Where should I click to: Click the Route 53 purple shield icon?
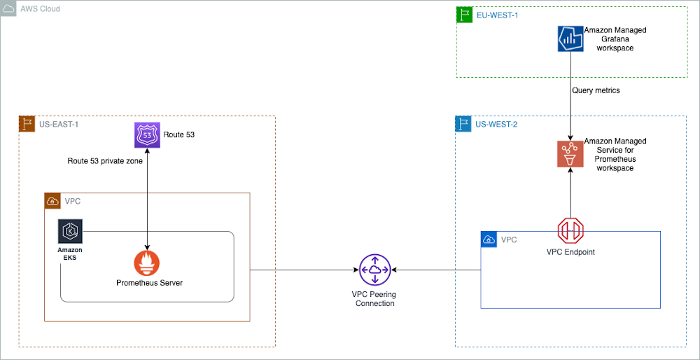(x=147, y=134)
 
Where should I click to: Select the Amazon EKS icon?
(x=70, y=231)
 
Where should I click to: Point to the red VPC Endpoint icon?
(x=570, y=230)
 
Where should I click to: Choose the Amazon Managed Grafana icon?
(x=570, y=39)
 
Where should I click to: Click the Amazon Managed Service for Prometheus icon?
(x=570, y=153)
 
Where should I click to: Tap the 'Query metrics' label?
(x=595, y=90)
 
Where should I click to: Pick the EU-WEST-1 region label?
(x=497, y=15)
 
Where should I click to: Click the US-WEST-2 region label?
(x=496, y=125)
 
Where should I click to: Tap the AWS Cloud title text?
(x=40, y=9)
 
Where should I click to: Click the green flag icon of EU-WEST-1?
(x=464, y=15)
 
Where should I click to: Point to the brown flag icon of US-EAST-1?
(x=27, y=125)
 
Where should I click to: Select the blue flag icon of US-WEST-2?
(x=463, y=125)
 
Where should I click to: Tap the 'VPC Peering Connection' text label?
(x=374, y=298)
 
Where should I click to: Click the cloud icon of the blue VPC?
(x=489, y=240)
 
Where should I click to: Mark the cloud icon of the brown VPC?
(x=52, y=201)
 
